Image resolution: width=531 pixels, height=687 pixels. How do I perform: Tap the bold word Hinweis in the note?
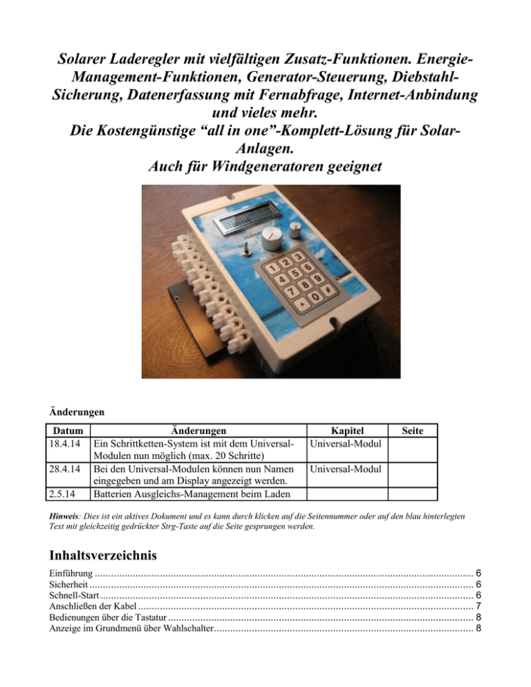[x=66, y=516]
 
